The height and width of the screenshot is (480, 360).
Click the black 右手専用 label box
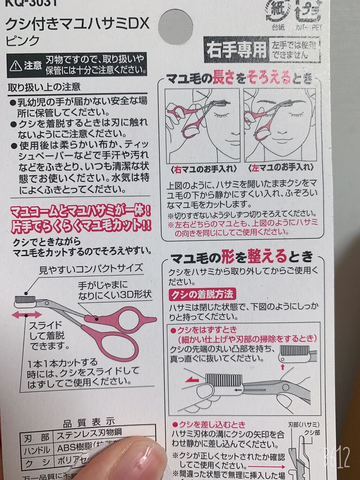point(236,50)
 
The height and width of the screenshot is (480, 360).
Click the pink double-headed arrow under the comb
point(26,315)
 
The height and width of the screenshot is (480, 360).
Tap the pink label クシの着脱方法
point(202,294)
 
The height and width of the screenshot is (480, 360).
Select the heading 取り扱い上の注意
point(44,87)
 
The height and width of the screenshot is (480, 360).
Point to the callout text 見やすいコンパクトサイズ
point(91,269)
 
